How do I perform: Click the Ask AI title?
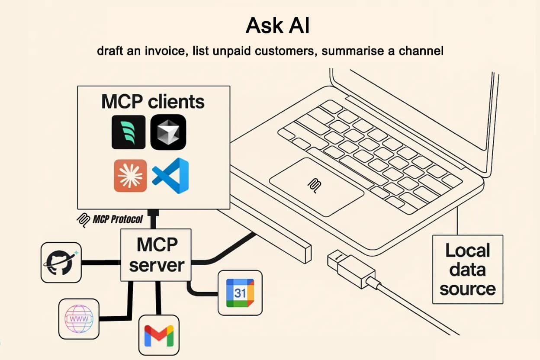click(277, 26)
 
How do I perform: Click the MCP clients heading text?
click(153, 102)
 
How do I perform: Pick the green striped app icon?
click(129, 132)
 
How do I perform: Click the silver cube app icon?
click(168, 132)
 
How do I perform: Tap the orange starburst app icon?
click(130, 176)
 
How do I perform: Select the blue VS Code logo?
click(170, 176)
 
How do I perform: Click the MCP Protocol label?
click(110, 220)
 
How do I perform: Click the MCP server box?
click(156, 255)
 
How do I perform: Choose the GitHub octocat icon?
click(61, 263)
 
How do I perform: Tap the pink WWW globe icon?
click(79, 319)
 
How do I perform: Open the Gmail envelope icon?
click(159, 335)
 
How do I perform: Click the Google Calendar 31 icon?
click(240, 293)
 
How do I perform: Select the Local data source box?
click(468, 269)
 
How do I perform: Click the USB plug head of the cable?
click(351, 269)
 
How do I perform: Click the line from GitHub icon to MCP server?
click(101, 263)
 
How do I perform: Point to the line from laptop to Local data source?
click(457, 221)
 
